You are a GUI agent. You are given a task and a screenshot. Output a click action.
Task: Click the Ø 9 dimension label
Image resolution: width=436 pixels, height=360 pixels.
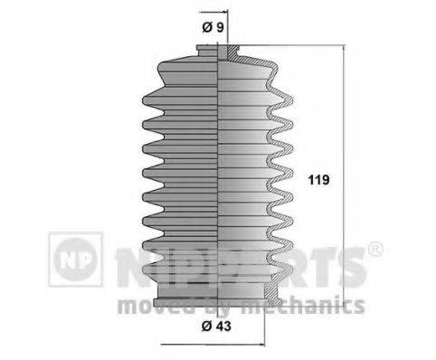pyautogui.click(x=214, y=29)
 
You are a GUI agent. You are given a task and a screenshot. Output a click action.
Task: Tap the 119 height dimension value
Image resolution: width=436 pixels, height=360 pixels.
pyautogui.click(x=318, y=180)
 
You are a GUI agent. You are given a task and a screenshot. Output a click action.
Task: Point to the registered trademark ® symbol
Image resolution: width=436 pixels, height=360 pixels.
pyautogui.click(x=376, y=246)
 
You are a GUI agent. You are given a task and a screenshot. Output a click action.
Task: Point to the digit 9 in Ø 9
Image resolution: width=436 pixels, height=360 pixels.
pyautogui.click(x=221, y=29)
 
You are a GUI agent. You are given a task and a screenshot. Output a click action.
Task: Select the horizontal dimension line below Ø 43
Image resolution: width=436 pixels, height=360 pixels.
pyautogui.click(x=217, y=345)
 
